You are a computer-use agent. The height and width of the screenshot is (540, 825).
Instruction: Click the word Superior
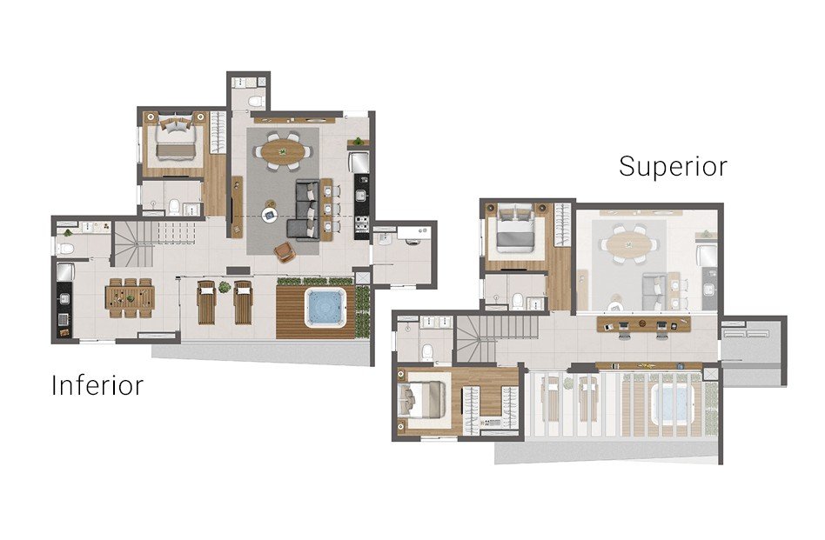click(673, 167)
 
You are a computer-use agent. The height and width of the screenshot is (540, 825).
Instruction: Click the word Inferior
click(97, 385)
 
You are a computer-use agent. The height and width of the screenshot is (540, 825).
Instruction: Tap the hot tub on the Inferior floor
click(326, 307)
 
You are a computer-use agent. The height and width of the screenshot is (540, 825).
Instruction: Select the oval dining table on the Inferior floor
click(283, 152)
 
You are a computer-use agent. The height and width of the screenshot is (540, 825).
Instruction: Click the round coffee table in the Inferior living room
click(270, 214)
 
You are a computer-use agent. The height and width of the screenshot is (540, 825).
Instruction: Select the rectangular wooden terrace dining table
click(130, 297)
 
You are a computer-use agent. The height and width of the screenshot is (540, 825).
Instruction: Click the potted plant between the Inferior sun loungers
click(225, 287)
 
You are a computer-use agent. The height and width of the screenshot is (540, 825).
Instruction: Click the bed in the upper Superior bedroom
click(516, 230)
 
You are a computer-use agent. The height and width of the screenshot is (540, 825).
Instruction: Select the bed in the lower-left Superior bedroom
click(422, 398)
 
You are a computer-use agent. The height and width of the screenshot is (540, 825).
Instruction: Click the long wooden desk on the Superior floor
click(643, 324)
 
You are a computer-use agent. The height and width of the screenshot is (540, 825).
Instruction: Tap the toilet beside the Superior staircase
click(427, 350)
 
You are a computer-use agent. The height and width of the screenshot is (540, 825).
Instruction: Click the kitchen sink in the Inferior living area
click(361, 196)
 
